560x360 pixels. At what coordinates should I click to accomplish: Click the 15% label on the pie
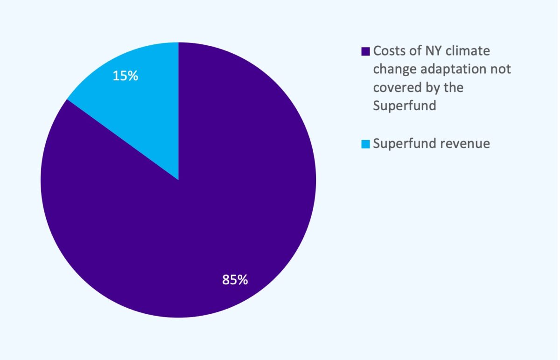[126, 76]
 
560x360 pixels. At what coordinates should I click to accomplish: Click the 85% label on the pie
[235, 280]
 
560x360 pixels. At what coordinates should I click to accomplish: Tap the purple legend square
[365, 51]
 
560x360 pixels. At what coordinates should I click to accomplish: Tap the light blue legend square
[365, 144]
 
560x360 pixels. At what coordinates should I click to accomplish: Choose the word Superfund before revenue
[404, 143]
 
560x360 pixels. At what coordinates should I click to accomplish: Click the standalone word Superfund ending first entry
[404, 106]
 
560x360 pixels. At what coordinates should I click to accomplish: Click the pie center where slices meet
[179, 180]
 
